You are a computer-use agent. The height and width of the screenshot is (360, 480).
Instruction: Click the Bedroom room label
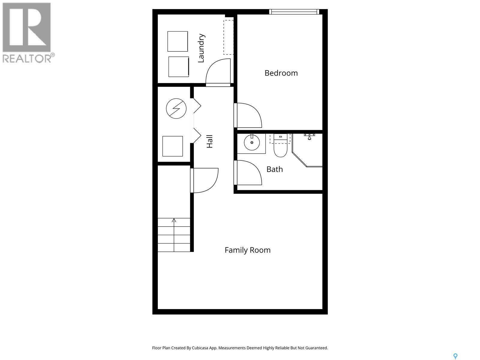(281, 73)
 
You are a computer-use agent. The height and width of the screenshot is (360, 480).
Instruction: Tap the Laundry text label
(201, 48)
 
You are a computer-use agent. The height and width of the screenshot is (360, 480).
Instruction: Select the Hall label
(209, 141)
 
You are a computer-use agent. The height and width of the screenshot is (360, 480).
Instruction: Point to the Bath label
(274, 169)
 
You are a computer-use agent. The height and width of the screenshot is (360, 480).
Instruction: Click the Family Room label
(247, 250)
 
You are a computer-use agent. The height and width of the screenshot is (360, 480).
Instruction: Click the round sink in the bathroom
(252, 142)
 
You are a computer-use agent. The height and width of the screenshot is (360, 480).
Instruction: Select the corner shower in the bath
(309, 150)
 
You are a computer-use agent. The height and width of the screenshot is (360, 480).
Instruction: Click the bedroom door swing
(248, 115)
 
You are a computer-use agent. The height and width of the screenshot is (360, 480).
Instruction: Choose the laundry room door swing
(218, 73)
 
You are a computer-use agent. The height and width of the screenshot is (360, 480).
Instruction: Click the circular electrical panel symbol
(176, 108)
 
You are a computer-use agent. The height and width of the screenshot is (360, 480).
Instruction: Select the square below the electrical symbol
(172, 146)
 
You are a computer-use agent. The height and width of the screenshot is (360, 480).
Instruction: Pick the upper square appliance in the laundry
(178, 41)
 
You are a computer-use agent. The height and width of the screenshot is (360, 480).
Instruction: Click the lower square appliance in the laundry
(178, 67)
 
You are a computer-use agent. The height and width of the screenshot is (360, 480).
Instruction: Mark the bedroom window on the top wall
(294, 12)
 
